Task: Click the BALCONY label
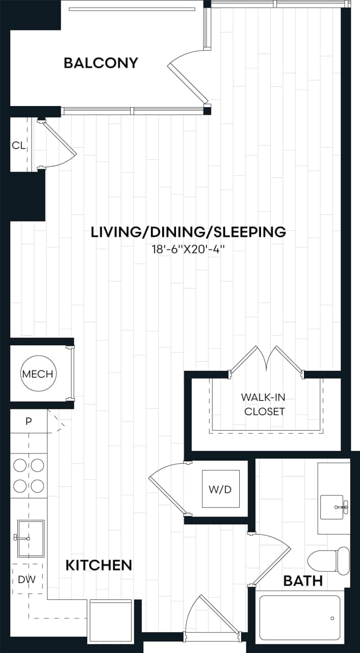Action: [x=101, y=63]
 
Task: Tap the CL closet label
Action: [x=18, y=145]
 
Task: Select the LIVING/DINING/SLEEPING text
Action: [x=188, y=232]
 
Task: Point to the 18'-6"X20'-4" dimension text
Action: [x=188, y=251]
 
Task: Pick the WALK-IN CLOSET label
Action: [x=263, y=404]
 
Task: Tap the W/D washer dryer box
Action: [x=220, y=489]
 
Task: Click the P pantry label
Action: [x=29, y=421]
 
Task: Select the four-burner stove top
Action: [x=29, y=475]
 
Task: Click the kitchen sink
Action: [x=31, y=538]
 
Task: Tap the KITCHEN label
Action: [x=99, y=565]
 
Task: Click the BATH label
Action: [x=303, y=581]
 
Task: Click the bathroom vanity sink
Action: [x=334, y=508]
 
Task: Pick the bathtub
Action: [x=299, y=618]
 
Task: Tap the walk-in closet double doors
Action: [x=266, y=361]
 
